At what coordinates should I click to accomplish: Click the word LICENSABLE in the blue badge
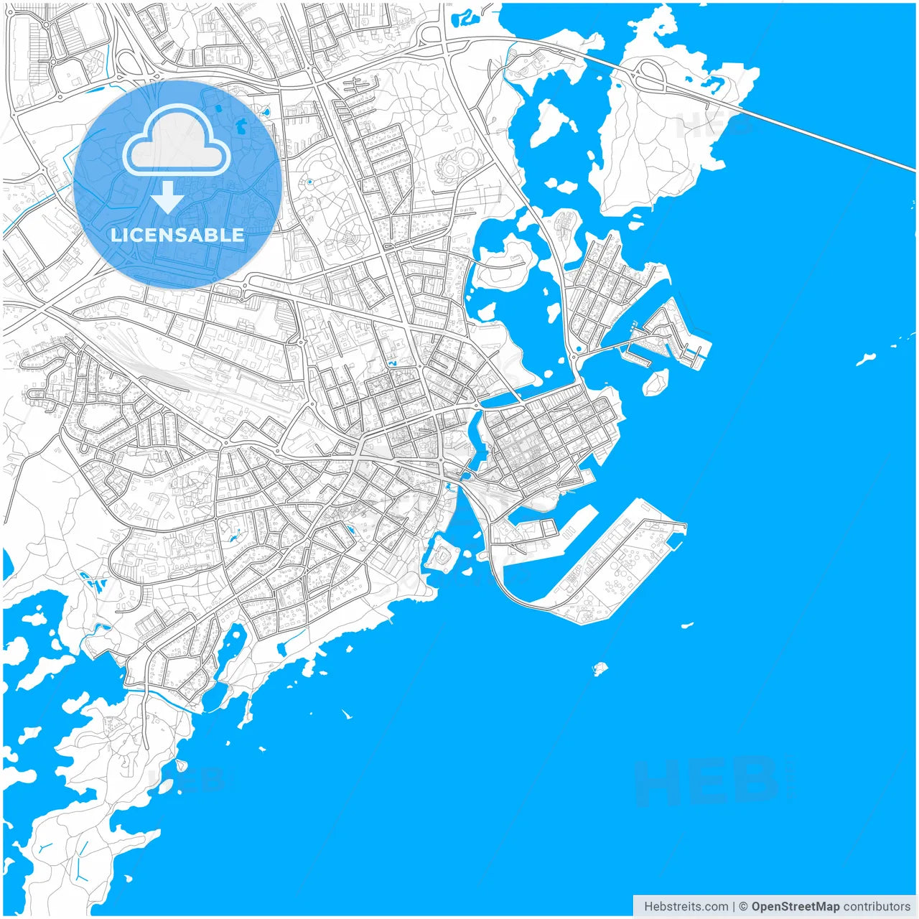click(x=177, y=235)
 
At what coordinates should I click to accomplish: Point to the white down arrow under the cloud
click(x=168, y=197)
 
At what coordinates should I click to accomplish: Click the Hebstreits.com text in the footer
click(x=686, y=907)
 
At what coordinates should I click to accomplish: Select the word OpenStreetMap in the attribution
click(x=795, y=907)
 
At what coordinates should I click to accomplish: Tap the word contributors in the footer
click(x=877, y=907)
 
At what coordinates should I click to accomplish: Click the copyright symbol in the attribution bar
click(x=743, y=907)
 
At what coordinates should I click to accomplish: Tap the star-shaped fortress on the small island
click(x=443, y=554)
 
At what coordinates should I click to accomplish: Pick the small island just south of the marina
click(x=655, y=383)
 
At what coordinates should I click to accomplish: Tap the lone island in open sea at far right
click(x=866, y=358)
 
